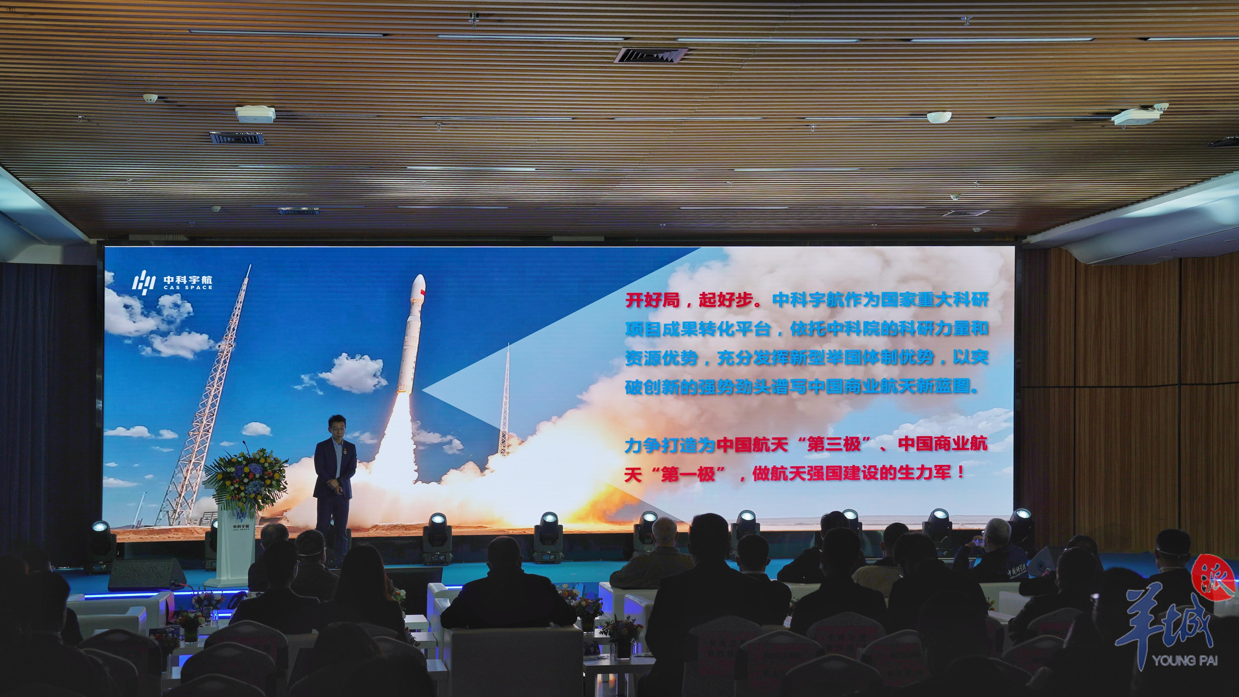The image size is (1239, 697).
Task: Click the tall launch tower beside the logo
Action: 204,399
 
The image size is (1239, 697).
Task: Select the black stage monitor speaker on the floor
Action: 147,575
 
